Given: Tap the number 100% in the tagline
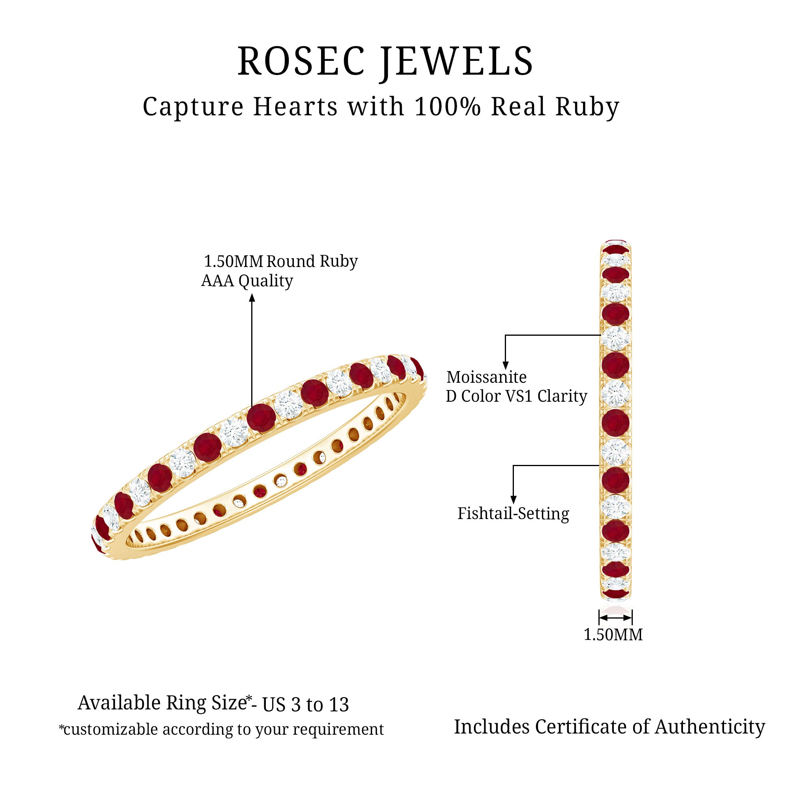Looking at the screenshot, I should (448, 107).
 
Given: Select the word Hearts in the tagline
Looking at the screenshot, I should (295, 107).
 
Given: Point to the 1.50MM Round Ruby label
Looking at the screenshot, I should (280, 261).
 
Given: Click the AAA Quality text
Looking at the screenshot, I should (247, 281).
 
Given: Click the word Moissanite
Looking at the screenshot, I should (486, 377).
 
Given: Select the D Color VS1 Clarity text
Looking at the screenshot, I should (516, 396).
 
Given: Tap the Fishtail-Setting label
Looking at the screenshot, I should (513, 513).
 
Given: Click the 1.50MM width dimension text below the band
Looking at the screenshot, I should (613, 635).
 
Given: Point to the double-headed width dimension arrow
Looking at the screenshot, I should (615, 617).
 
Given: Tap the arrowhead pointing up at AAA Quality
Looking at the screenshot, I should (252, 298).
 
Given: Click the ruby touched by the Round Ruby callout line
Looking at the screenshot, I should (261, 418).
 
